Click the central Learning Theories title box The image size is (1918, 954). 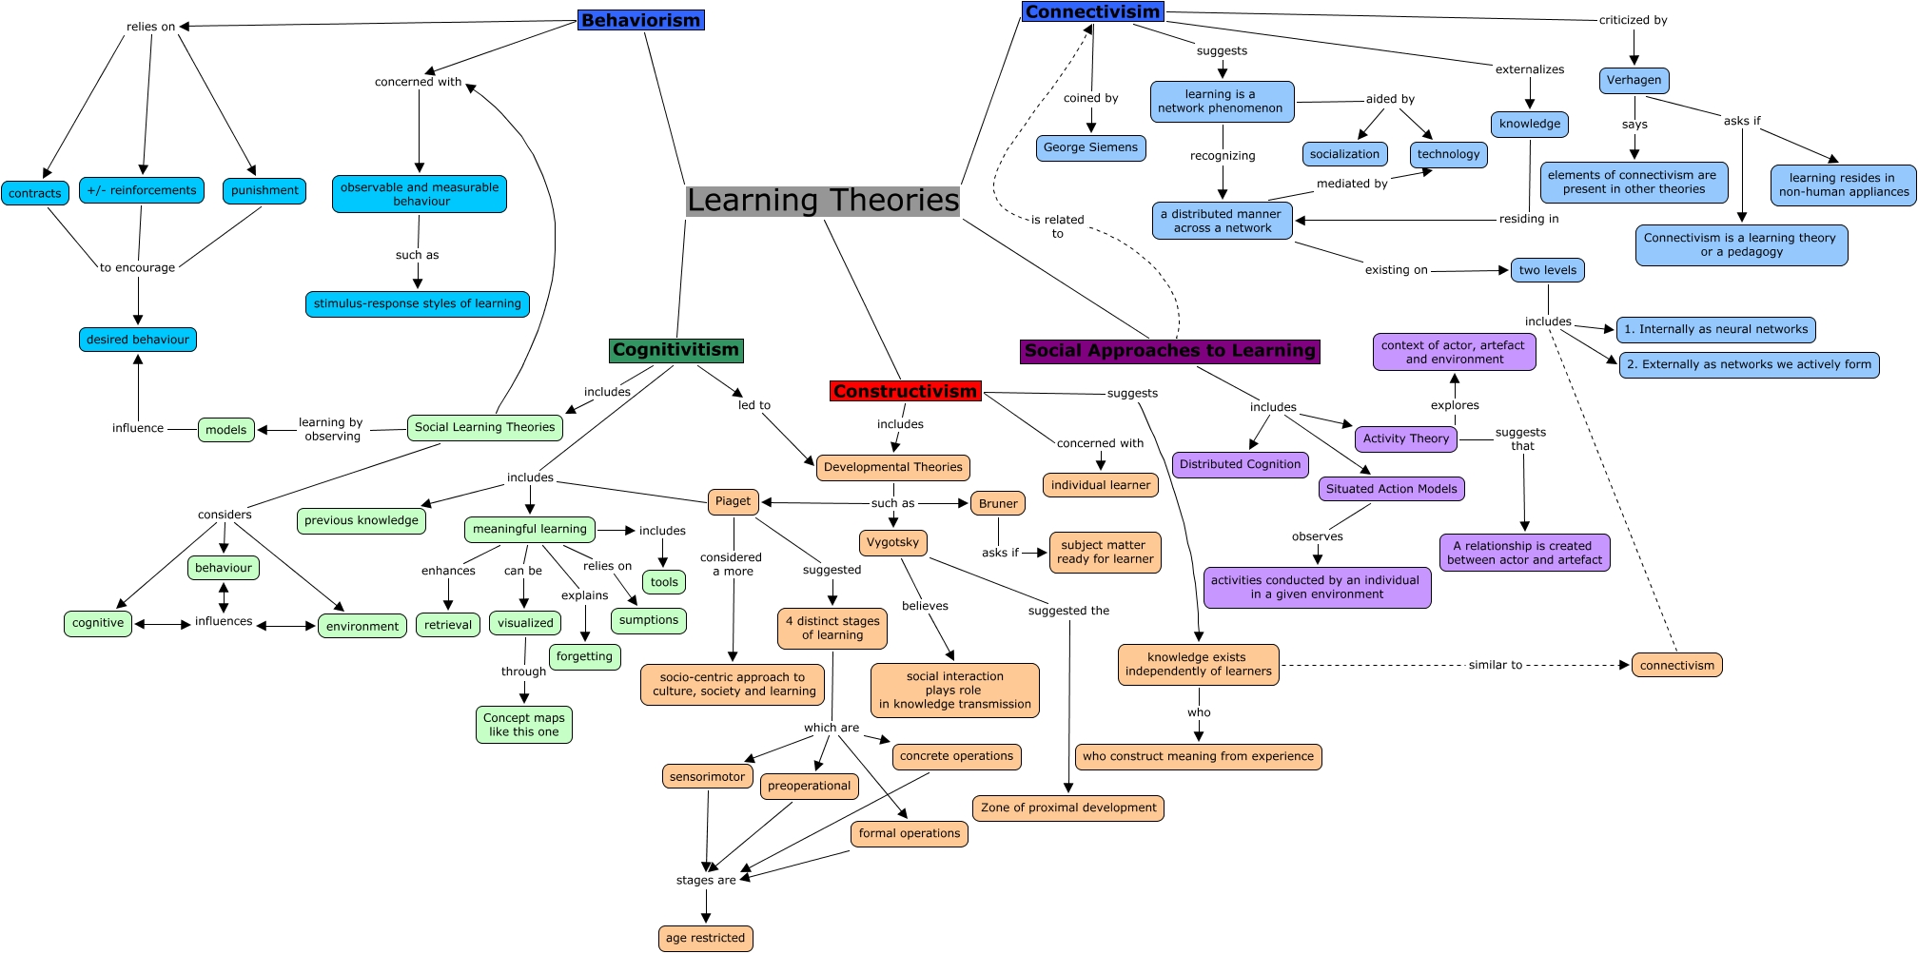click(823, 201)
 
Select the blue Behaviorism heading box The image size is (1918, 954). click(640, 20)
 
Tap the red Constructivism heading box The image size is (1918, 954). click(905, 391)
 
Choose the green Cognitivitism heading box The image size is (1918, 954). click(675, 350)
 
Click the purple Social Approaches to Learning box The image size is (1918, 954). click(1170, 351)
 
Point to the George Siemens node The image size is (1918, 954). click(1090, 147)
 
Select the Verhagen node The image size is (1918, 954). click(1634, 81)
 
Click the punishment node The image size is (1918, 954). click(264, 190)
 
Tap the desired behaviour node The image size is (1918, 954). click(138, 340)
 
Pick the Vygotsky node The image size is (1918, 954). click(892, 542)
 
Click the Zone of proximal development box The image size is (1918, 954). click(1068, 808)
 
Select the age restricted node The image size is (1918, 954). click(705, 938)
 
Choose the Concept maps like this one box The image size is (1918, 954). click(523, 725)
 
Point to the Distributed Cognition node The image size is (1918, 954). click(1240, 464)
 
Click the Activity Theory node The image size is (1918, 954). click(1405, 438)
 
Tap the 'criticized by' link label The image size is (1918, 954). click(1633, 20)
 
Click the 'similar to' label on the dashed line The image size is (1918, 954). click(1495, 665)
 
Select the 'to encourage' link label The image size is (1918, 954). click(137, 267)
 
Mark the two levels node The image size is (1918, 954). click(1547, 270)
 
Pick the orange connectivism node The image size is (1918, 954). click(1676, 666)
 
